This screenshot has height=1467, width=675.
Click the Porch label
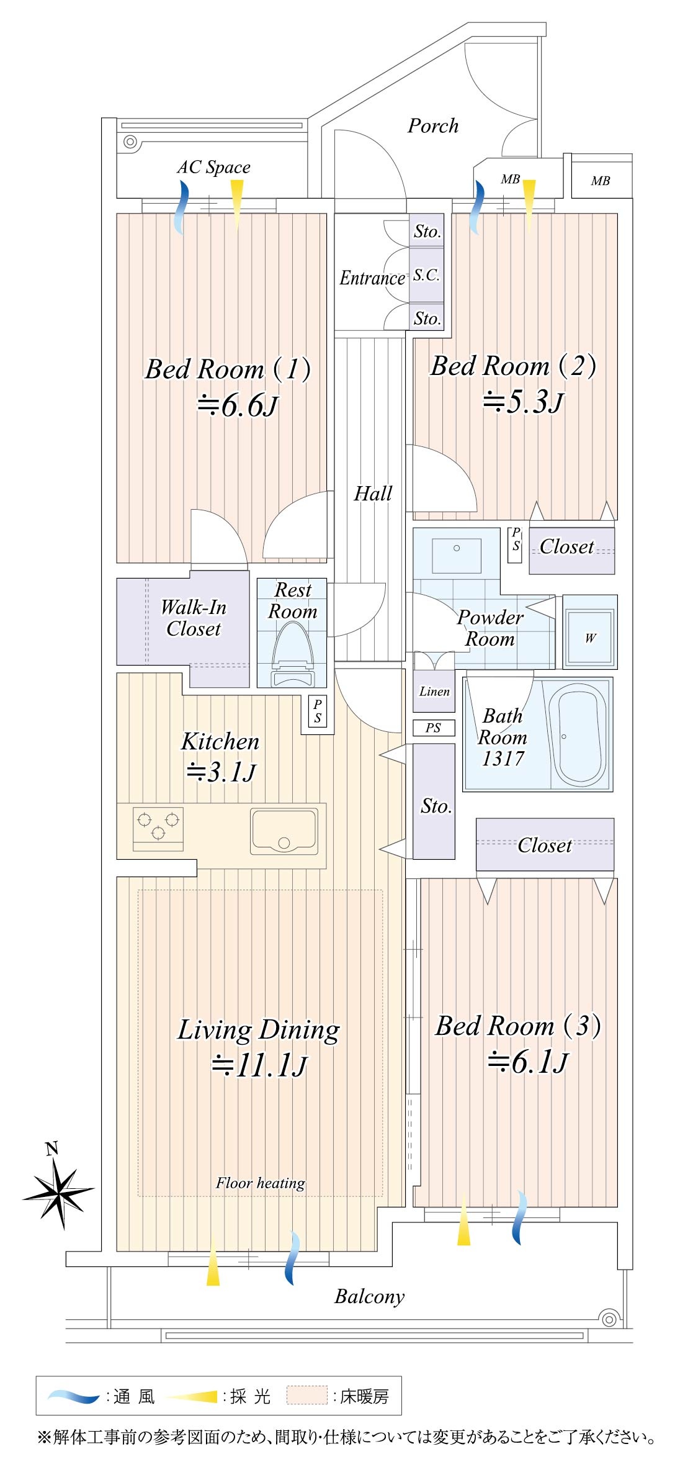tap(433, 126)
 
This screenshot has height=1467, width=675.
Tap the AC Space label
tap(213, 167)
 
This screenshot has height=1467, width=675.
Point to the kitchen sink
tap(284, 831)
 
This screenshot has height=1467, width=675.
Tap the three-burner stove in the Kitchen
tap(158, 828)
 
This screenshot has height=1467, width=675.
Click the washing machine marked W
tap(589, 632)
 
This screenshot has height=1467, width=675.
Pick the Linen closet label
tap(434, 692)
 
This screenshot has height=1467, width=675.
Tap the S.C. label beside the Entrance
tap(427, 275)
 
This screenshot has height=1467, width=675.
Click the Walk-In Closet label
tap(194, 618)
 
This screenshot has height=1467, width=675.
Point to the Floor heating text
tap(261, 1183)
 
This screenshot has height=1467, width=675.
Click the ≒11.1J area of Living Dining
tap(259, 1066)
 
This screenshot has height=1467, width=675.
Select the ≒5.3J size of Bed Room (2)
tap(523, 402)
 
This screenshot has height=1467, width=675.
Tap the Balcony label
tap(370, 1297)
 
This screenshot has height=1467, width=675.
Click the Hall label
tap(373, 494)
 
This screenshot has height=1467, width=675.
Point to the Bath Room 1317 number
tap(503, 759)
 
